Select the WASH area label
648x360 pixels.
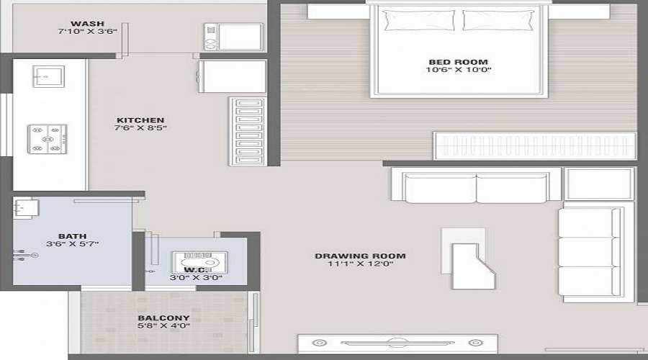point(87,23)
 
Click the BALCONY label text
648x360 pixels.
point(163,318)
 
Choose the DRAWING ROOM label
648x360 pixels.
point(360,256)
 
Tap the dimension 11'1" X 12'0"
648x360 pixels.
point(360,264)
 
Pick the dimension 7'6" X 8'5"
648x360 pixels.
point(141,129)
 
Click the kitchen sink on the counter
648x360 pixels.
point(48,76)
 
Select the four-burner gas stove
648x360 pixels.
point(48,138)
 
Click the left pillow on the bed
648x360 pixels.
point(409,20)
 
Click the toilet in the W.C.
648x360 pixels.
point(198,262)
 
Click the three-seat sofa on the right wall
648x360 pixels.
point(590,252)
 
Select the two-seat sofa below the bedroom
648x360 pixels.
point(476,186)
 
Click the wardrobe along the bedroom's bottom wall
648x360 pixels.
point(534,145)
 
